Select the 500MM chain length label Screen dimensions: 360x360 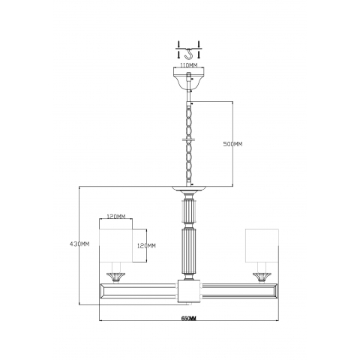pyautogui.click(x=234, y=144)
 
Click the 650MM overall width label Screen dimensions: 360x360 pyautogui.click(x=188, y=319)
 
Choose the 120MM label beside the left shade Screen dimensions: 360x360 pyautogui.click(x=146, y=245)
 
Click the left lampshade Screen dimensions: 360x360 pyautogui.click(x=115, y=246)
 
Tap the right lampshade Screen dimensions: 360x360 pyautogui.click(x=262, y=246)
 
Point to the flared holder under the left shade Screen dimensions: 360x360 pyautogui.click(x=115, y=277)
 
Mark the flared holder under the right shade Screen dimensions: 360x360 pyautogui.click(x=262, y=277)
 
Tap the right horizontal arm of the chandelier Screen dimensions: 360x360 pyautogui.click(x=240, y=289)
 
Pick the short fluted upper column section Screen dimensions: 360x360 pyautogui.click(x=187, y=209)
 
